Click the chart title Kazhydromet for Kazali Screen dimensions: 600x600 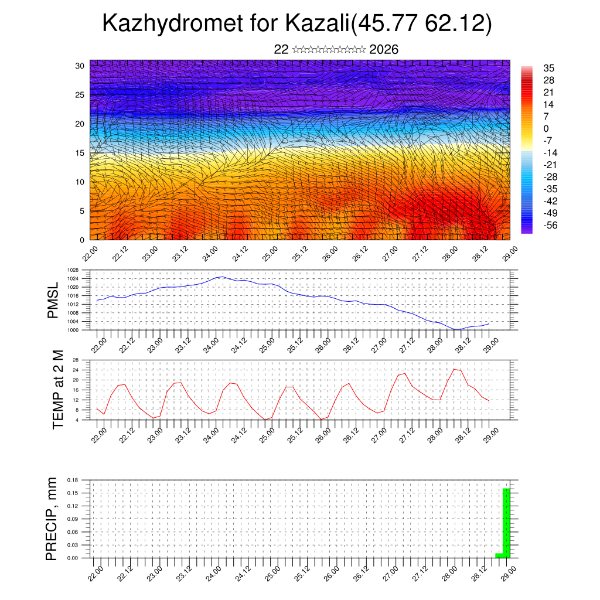pyautogui.click(x=296, y=24)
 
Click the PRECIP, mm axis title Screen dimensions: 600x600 pyautogui.click(x=52, y=519)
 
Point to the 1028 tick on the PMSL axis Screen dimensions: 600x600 pyautogui.click(x=73, y=271)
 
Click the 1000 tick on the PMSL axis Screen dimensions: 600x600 pyautogui.click(x=73, y=330)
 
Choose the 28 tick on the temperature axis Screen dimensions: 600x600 pyautogui.click(x=76, y=360)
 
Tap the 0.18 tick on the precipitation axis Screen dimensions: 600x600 pyautogui.click(x=73, y=480)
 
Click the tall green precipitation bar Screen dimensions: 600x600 pyautogui.click(x=506, y=523)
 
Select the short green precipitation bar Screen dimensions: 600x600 pyautogui.click(x=499, y=555)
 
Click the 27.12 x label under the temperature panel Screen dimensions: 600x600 pyautogui.click(x=407, y=435)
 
